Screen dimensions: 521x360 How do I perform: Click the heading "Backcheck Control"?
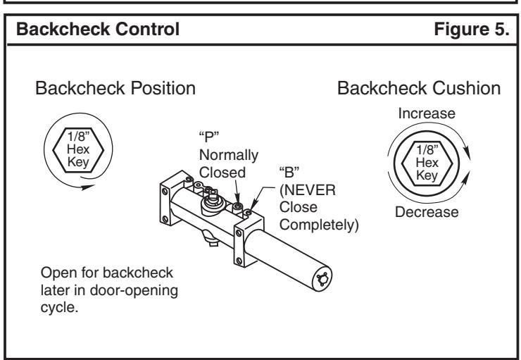[x=98, y=29]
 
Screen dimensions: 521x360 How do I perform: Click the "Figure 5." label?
[x=472, y=29]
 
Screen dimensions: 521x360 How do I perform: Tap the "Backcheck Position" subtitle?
[x=115, y=89]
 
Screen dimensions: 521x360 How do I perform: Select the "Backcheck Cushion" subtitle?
[x=419, y=89]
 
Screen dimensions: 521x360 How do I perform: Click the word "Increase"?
[x=427, y=113]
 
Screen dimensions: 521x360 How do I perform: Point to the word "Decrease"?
[x=427, y=212]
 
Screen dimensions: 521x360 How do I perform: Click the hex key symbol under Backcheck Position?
[x=78, y=150]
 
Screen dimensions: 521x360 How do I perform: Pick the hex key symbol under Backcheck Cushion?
[x=427, y=163]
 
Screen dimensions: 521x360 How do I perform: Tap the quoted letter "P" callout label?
[x=209, y=136]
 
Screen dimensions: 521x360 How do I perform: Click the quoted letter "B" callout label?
[x=289, y=172]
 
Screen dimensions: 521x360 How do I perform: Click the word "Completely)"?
[x=319, y=225]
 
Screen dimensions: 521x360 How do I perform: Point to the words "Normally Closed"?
[x=229, y=164]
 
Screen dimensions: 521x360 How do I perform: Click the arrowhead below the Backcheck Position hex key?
[x=88, y=187]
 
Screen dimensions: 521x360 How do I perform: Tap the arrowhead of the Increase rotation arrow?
[x=467, y=152]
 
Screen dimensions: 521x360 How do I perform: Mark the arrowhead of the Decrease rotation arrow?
[x=466, y=178]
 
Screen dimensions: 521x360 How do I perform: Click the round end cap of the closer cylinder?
[x=322, y=278]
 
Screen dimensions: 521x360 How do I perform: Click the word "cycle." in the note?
[x=59, y=307]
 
